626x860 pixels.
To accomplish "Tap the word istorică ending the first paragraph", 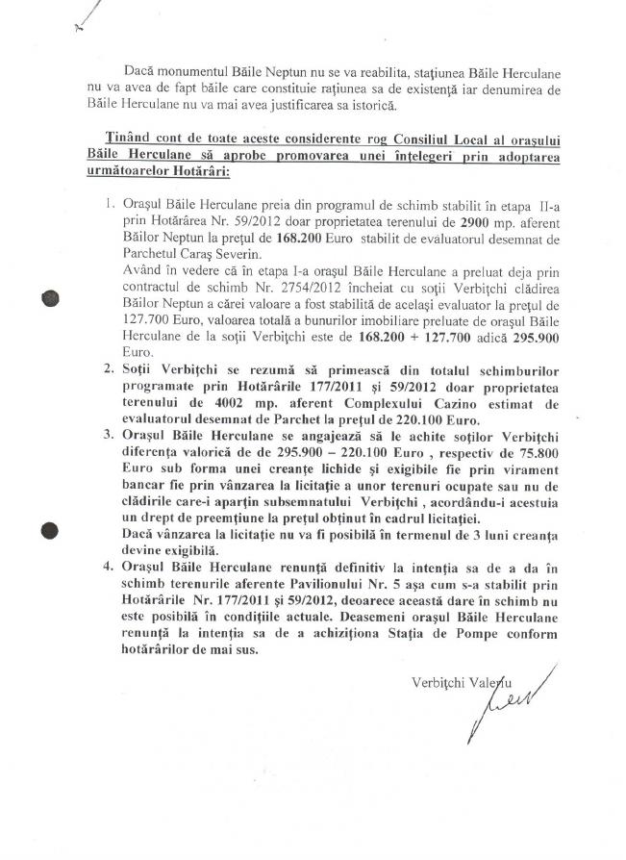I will (371, 104).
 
